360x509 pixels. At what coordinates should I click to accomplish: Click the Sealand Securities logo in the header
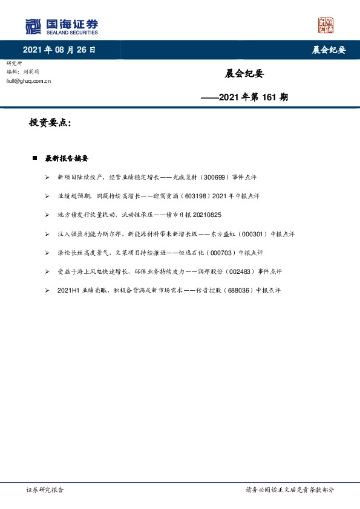61,26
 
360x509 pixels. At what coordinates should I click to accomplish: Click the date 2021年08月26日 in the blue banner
59,50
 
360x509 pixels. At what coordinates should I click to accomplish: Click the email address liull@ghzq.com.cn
28,80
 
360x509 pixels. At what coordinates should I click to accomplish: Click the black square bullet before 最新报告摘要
35,158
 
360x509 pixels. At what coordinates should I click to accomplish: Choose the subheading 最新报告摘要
67,158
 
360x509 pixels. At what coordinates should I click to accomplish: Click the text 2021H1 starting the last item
67,291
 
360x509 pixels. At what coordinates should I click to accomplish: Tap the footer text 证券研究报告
45,490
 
